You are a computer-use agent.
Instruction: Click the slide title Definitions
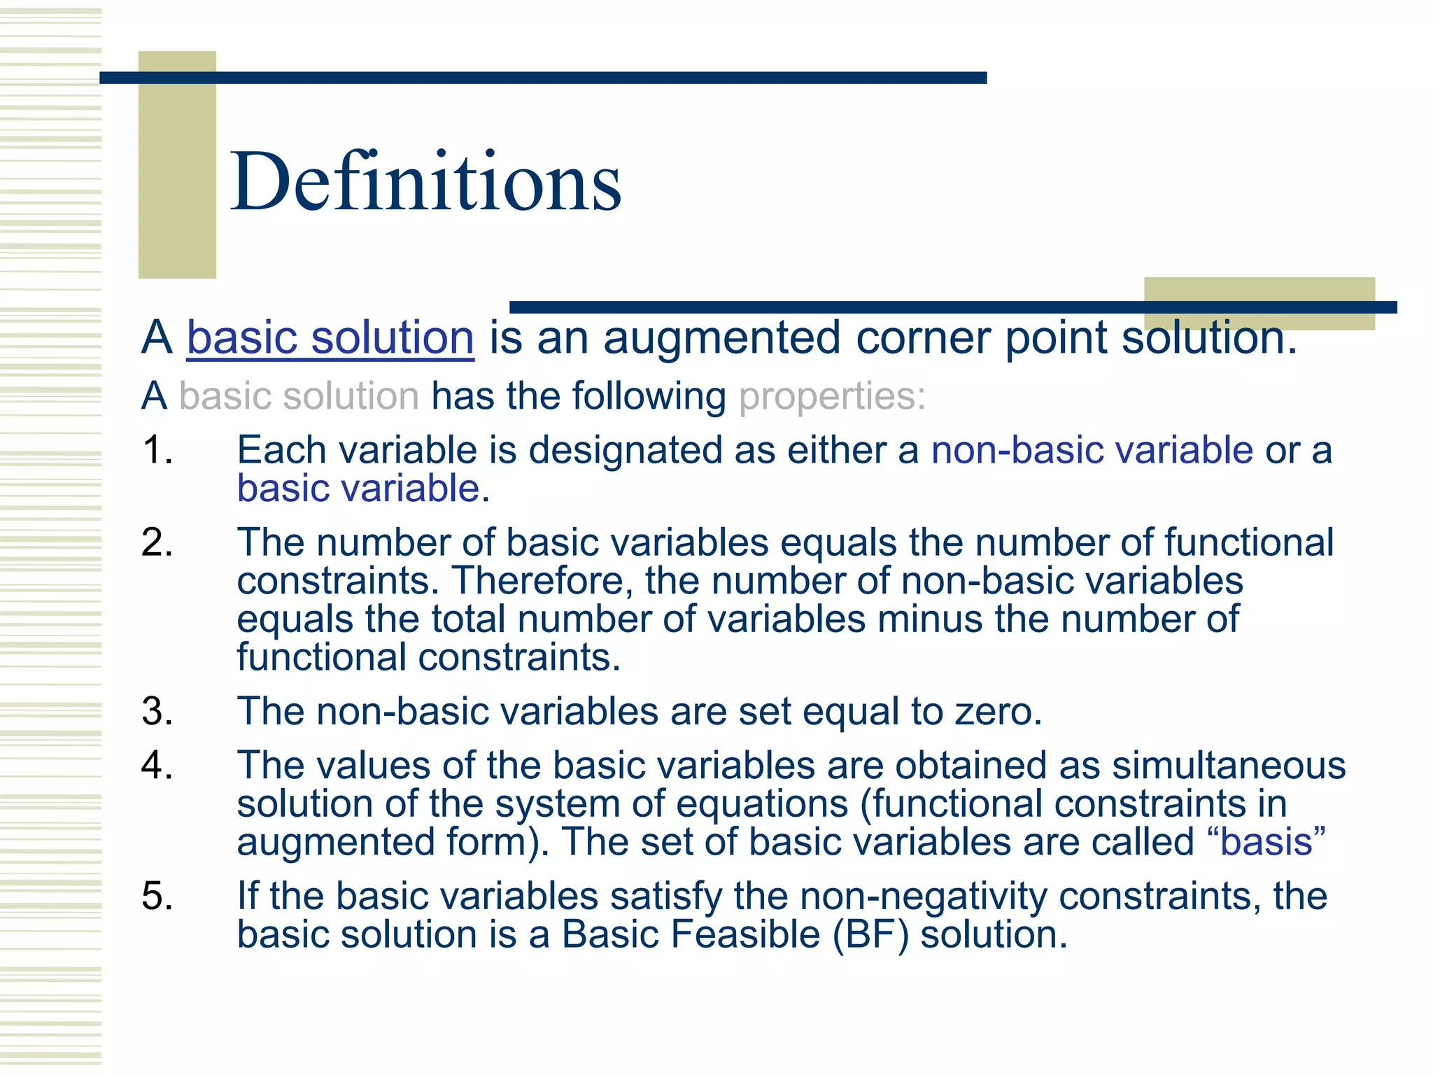coord(425,182)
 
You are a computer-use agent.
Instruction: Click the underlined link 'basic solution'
coord(330,338)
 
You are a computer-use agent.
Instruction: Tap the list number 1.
coord(157,450)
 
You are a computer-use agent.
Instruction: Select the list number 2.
coord(157,543)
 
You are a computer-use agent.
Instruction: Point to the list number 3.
coord(157,712)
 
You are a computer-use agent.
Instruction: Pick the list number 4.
coord(157,766)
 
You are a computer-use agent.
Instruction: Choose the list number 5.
coord(157,897)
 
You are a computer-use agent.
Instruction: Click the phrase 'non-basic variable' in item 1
coord(1092,450)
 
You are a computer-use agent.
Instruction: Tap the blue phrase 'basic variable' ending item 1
coord(358,489)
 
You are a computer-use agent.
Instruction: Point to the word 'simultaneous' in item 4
coord(1229,766)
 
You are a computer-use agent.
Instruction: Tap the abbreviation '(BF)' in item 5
coord(871,935)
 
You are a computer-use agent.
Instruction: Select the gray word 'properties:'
coord(832,397)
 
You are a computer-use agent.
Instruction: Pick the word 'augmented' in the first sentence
coord(721,338)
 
